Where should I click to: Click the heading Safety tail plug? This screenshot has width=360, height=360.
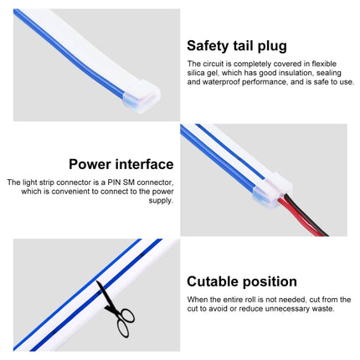coord(237,46)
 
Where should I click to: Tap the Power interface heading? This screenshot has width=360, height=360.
coord(121,164)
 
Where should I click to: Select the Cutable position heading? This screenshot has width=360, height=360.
coord(242,282)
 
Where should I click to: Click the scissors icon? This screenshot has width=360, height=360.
coord(116,308)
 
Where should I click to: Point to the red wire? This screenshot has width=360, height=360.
coord(299,218)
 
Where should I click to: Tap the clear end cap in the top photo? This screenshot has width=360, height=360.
coord(141,96)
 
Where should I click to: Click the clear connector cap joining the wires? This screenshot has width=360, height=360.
coord(272,191)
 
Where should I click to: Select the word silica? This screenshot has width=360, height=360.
coord(195,73)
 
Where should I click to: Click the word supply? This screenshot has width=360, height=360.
coord(161,201)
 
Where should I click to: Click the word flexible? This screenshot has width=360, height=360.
coord(324,64)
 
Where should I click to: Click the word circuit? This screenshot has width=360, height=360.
coord(213,64)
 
